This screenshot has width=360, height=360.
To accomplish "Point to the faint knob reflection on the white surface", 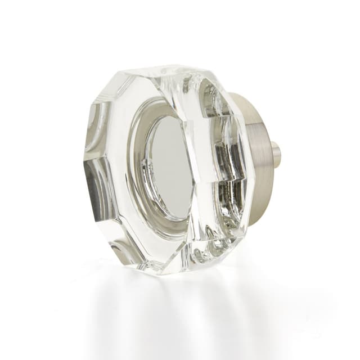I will click(x=169, y=304).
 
